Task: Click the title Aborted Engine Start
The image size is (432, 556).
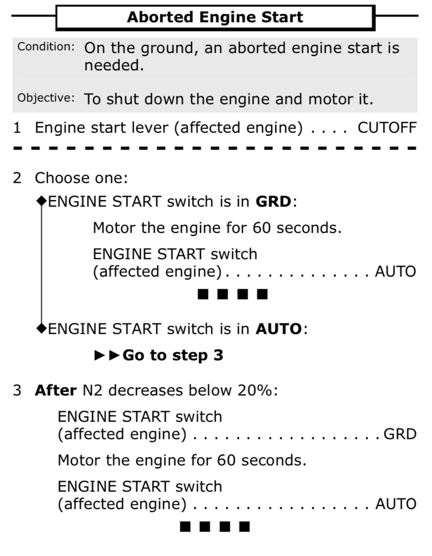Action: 215,17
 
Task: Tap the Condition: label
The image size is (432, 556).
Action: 46,47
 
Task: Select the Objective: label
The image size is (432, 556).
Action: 46,98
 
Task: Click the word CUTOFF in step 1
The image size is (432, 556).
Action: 387,128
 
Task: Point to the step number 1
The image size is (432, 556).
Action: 17,128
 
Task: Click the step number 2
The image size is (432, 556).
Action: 17,178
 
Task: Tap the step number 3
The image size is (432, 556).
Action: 17,391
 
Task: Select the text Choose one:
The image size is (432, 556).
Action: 81,178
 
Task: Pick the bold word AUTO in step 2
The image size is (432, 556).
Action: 279,329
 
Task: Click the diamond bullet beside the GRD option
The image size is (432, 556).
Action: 42,201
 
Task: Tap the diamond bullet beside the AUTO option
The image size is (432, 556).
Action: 42,328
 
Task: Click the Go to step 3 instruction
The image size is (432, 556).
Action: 173,355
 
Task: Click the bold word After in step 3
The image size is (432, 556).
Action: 56,390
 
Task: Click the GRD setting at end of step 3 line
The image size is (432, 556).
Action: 400,434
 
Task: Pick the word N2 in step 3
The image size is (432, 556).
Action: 92,390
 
